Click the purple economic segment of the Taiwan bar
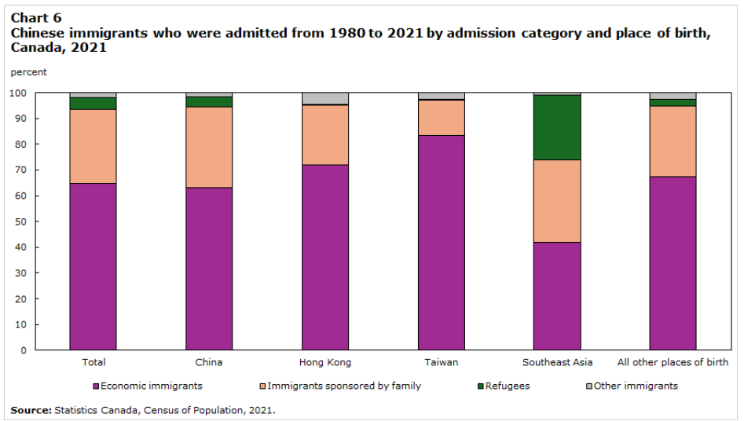pyautogui.click(x=442, y=243)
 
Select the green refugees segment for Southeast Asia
pyautogui.click(x=557, y=127)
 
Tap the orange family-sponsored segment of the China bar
pyautogui.click(x=209, y=147)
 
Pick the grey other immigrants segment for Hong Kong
pyautogui.click(x=325, y=98)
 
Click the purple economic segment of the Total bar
pyautogui.click(x=93, y=266)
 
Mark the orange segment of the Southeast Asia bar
pyautogui.click(x=557, y=201)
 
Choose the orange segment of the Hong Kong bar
pyautogui.click(x=325, y=135)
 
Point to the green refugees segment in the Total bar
pyautogui.click(x=93, y=104)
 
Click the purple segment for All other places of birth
pyautogui.click(x=673, y=263)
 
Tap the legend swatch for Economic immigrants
pyautogui.click(x=96, y=386)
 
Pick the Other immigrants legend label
pyautogui.click(x=635, y=386)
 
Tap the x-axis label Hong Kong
pyautogui.click(x=325, y=362)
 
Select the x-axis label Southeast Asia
pyautogui.click(x=557, y=362)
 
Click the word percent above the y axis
pyautogui.click(x=28, y=72)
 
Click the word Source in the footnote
pyautogui.click(x=31, y=410)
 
